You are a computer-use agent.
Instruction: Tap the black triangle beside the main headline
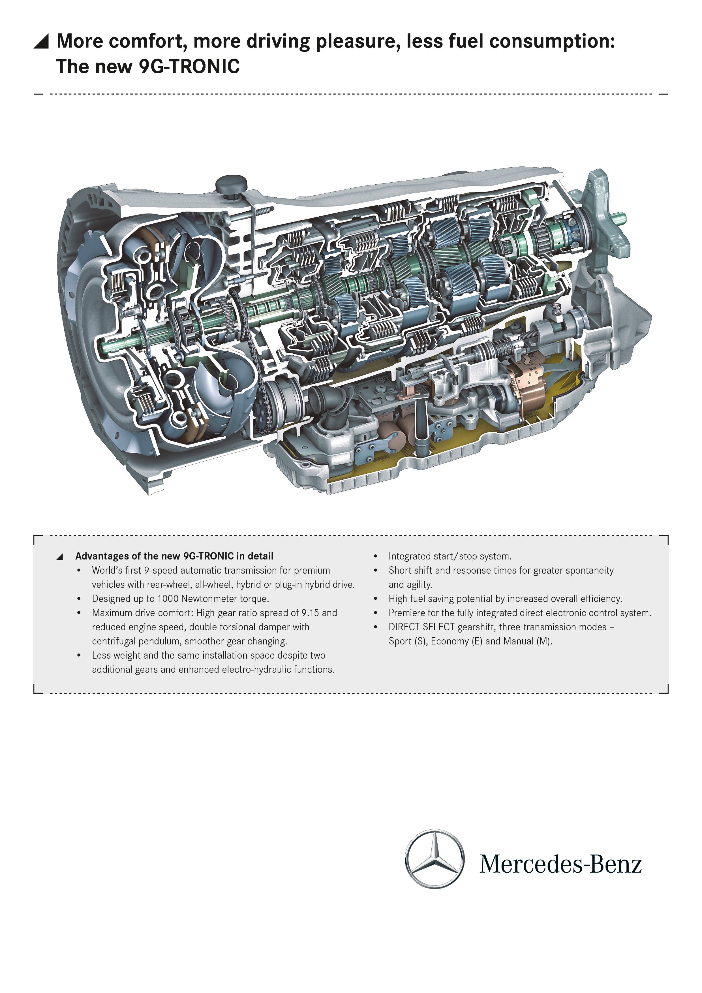42,42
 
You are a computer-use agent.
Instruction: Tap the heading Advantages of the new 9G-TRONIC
174,556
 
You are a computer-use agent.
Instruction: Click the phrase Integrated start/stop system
450,556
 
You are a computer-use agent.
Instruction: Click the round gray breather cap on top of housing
231,184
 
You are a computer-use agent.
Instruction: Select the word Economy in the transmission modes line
450,641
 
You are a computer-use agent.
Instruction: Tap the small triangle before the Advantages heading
60,557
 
